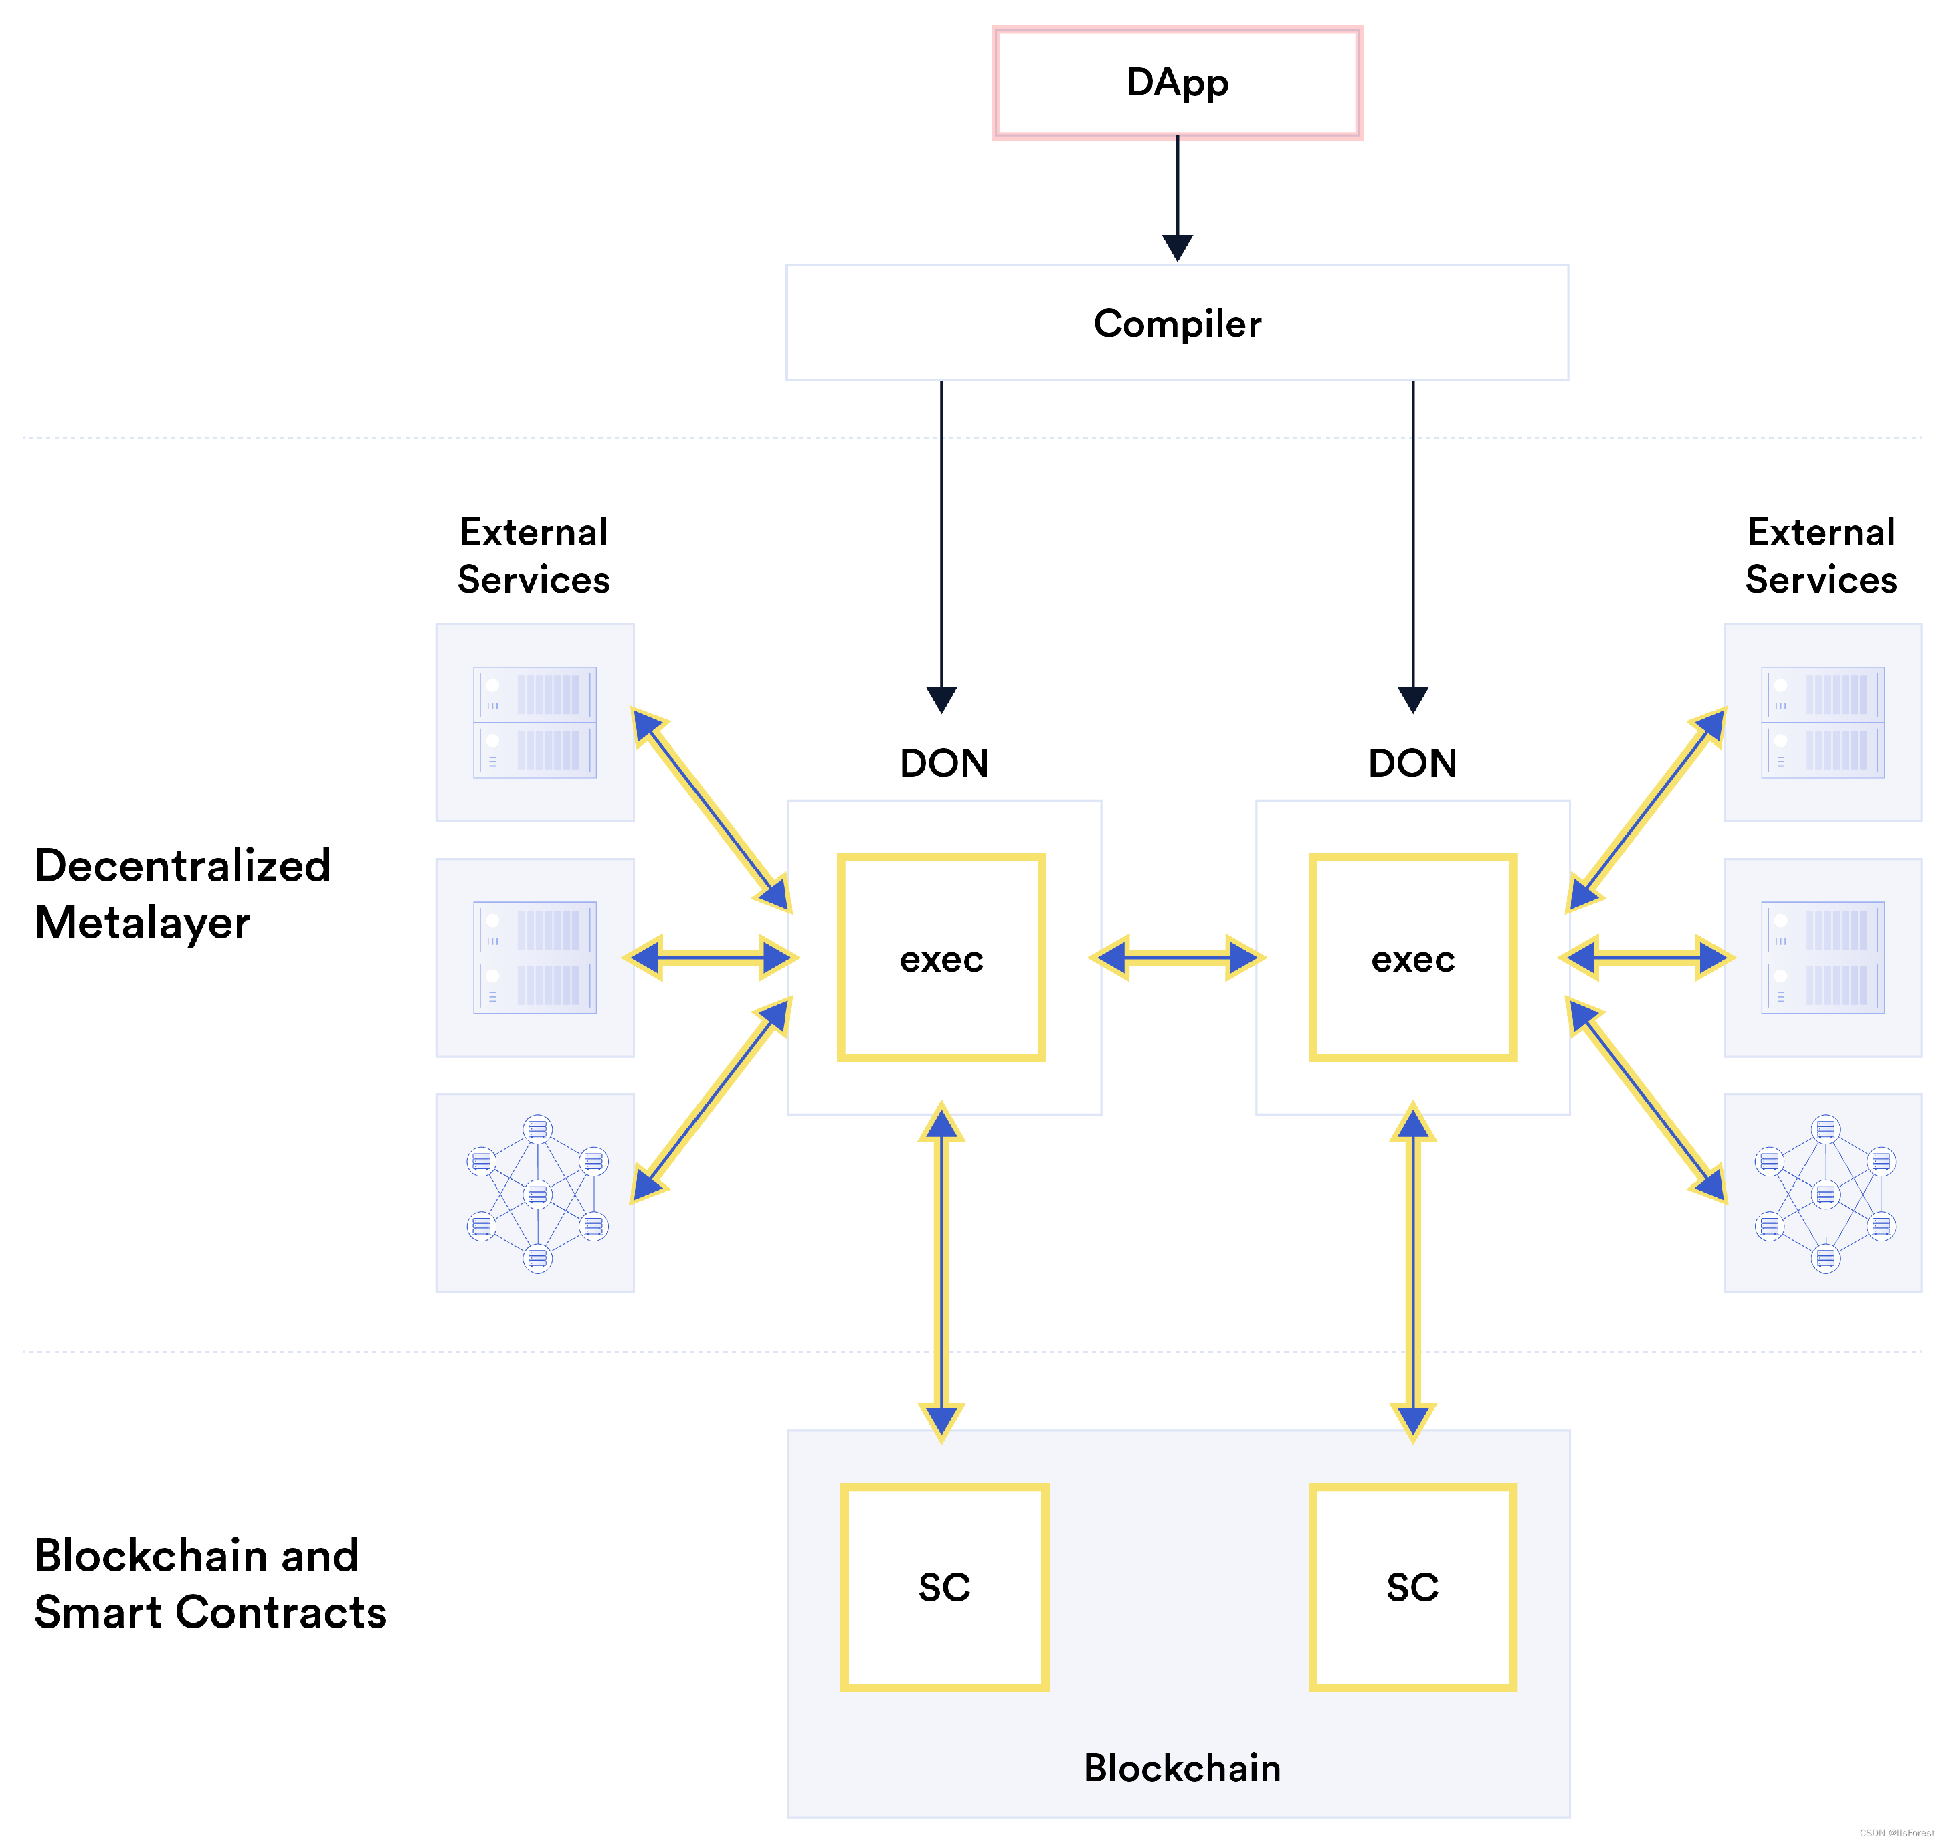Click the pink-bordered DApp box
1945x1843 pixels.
[1177, 82]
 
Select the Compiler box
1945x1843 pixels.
[1177, 323]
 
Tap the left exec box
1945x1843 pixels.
[941, 958]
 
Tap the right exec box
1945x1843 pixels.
[1412, 958]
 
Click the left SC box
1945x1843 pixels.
[944, 1587]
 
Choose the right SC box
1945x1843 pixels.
[1412, 1587]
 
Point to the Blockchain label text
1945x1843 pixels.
[1182, 1767]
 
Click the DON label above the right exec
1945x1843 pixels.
[1412, 764]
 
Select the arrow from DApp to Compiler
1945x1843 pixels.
[1177, 197]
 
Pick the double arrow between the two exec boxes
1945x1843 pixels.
[1177, 958]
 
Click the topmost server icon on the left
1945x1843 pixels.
[535, 722]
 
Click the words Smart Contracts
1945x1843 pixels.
[210, 1613]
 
